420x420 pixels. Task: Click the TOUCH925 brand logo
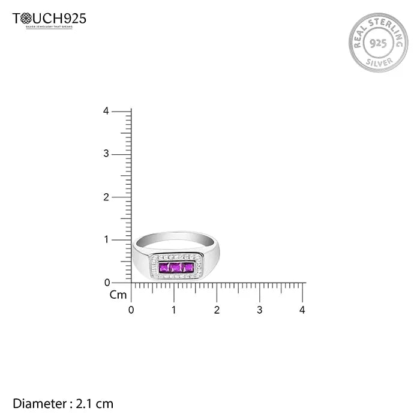point(49,19)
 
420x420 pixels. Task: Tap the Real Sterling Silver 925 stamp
point(378,43)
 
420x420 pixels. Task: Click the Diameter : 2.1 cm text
point(63,404)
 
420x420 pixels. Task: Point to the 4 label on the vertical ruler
point(106,111)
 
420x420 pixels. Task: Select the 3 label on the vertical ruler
point(106,154)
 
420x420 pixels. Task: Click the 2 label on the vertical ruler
point(106,197)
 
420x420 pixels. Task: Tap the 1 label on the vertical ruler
point(106,239)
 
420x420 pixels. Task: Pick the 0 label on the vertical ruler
point(106,282)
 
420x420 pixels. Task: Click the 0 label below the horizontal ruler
point(131,310)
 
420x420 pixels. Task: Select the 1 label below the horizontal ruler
point(174,310)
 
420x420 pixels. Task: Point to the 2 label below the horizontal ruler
point(217,310)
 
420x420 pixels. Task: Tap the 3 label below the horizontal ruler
point(260,310)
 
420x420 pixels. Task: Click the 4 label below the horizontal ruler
point(302,310)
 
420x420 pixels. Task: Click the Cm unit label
point(118,295)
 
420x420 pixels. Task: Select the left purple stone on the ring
point(164,267)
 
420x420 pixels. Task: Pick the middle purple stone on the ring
point(176,267)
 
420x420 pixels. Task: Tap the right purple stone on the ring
point(188,267)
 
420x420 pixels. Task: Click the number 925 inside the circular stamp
point(378,43)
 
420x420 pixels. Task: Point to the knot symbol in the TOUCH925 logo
point(26,19)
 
